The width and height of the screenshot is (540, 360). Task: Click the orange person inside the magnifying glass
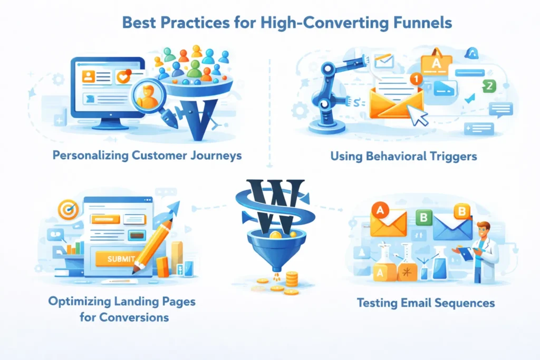pos(148,95)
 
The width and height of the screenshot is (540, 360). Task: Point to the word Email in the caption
pos(411,303)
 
